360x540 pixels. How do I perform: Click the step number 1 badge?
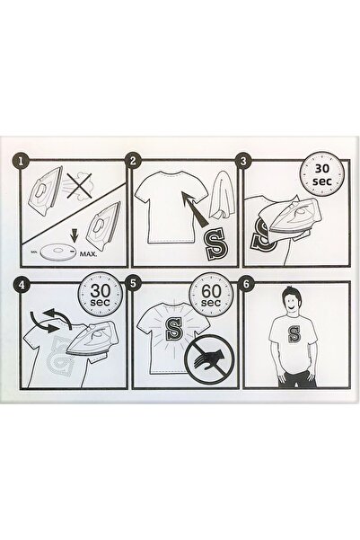click(x=22, y=161)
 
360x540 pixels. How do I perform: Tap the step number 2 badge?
click(x=134, y=161)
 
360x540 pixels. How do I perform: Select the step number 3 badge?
click(x=243, y=161)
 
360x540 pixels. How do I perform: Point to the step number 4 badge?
click(x=22, y=285)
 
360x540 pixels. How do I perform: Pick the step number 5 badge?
click(x=134, y=284)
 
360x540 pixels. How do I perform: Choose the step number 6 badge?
click(x=246, y=284)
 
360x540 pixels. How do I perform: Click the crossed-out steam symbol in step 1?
click(x=79, y=186)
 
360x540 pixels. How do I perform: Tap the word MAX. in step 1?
click(x=89, y=254)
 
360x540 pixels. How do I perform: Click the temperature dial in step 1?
click(x=57, y=253)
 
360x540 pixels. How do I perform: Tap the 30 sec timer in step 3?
click(x=322, y=174)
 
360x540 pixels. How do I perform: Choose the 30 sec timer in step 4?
click(x=101, y=295)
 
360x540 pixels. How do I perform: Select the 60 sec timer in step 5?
click(x=211, y=296)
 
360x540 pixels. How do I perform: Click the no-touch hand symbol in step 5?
click(x=209, y=359)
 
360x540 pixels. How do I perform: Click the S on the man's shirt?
click(x=294, y=334)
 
